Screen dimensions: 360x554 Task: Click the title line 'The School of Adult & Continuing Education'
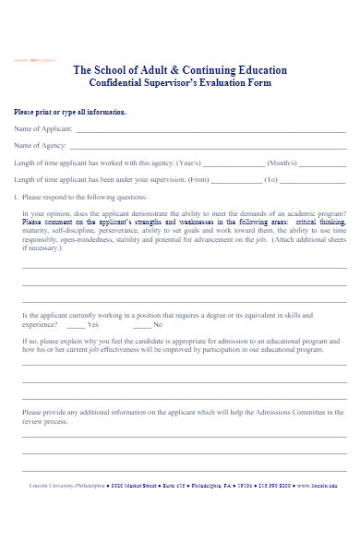tap(180, 70)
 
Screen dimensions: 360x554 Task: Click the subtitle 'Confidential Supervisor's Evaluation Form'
tap(180, 83)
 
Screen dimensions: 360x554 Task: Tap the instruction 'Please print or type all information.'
tap(70, 112)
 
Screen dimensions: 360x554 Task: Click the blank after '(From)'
tap(235, 180)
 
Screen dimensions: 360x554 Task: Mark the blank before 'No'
tap(142, 325)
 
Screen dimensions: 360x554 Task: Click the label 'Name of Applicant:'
tap(41, 129)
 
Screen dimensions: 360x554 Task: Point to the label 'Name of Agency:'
tap(39, 146)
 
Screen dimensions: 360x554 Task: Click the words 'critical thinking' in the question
tap(321, 223)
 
